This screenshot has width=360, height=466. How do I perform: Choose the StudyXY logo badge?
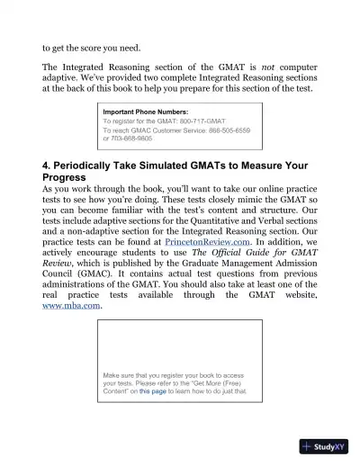[325, 447]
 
